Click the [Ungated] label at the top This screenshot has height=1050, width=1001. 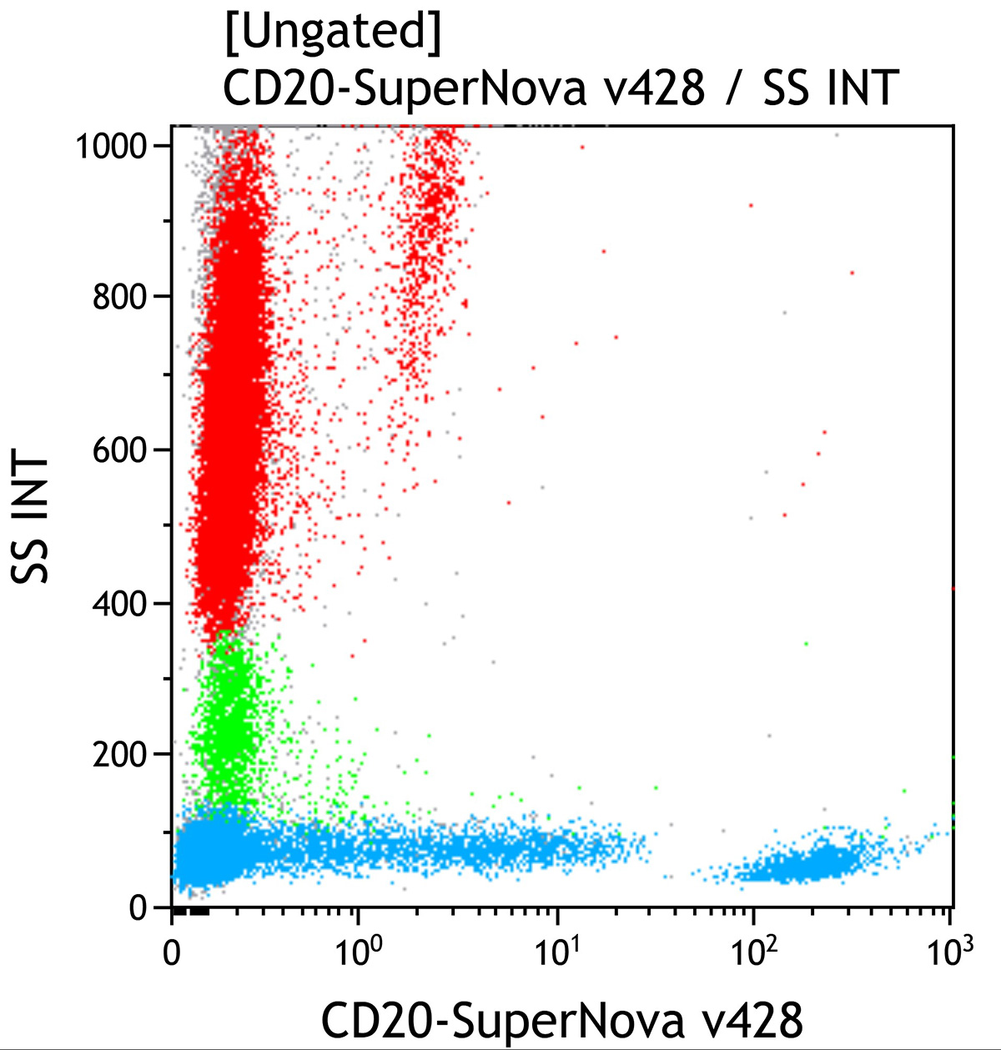[332, 33]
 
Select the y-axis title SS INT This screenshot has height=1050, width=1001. [32, 518]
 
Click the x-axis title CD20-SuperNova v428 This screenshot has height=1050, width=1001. [562, 1020]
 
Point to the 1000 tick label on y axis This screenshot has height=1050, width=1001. [112, 147]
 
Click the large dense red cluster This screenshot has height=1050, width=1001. [229, 467]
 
